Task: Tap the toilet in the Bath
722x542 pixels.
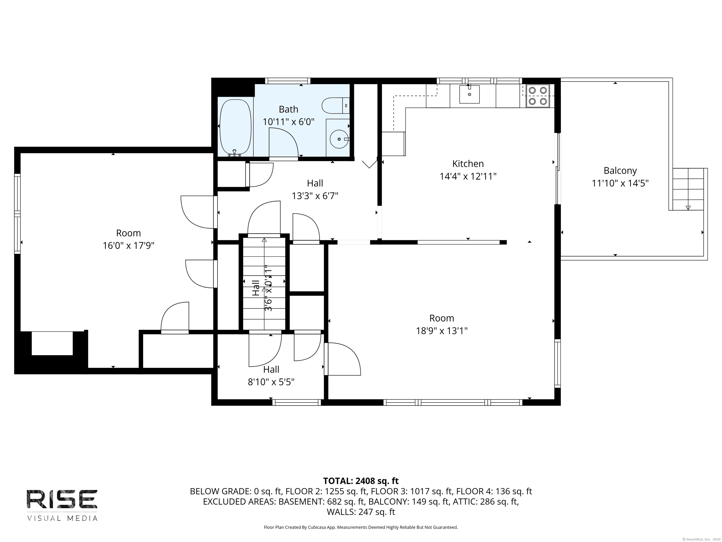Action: (x=335, y=106)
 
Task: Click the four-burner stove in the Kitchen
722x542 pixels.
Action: (x=538, y=96)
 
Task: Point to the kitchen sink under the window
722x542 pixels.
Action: (x=469, y=94)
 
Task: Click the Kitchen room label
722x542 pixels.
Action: (x=468, y=164)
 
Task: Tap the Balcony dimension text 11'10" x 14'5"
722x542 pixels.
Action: (x=620, y=183)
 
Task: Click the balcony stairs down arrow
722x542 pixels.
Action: (x=688, y=207)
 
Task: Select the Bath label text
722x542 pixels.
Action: (x=288, y=109)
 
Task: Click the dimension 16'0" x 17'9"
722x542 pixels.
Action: (x=128, y=246)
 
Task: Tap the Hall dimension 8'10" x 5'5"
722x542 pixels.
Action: (x=271, y=382)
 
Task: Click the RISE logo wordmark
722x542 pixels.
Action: (x=62, y=499)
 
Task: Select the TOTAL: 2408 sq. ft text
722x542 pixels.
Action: (x=361, y=481)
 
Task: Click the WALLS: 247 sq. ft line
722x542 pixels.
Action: (x=361, y=512)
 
